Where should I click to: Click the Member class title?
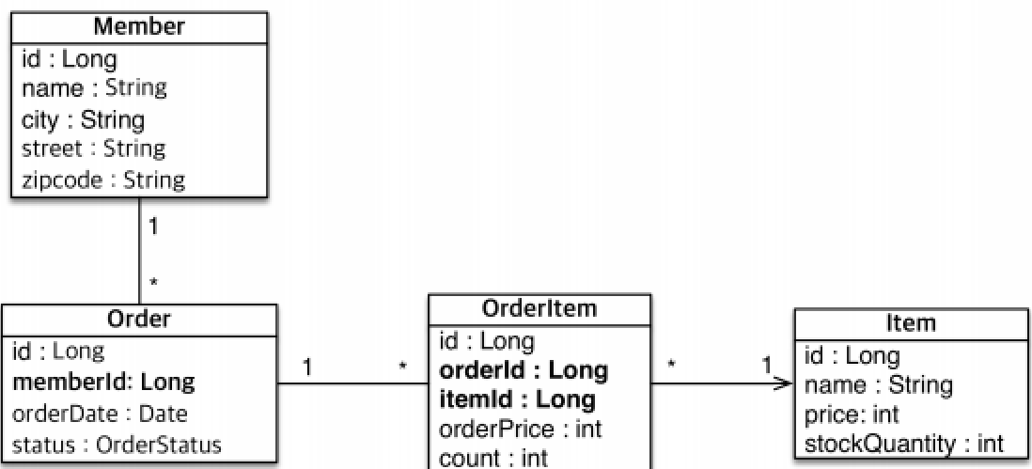[x=138, y=27]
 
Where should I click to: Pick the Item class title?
[x=911, y=323]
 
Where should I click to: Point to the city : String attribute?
[x=83, y=119]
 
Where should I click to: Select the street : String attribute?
[x=93, y=149]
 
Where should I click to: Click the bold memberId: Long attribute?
[x=103, y=382]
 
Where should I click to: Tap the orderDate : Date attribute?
[x=100, y=413]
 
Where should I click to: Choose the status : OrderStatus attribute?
[x=117, y=444]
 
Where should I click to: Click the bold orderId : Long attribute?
[x=524, y=370]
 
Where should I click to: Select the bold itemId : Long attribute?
[x=518, y=400]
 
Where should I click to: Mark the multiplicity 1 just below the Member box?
[x=155, y=227]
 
